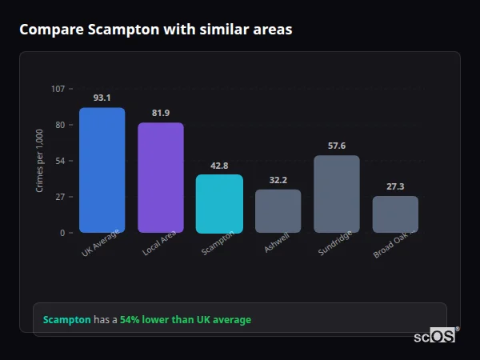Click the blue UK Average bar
point(102,170)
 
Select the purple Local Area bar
point(161,178)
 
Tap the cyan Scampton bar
point(219,204)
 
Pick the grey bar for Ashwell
point(278,211)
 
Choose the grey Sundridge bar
point(337,194)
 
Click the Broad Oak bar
point(395,214)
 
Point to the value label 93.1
point(102,98)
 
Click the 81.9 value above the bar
point(161,113)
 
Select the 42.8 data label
point(219,166)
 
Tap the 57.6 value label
point(337,146)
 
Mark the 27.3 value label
point(395,186)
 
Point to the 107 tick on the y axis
point(58,89)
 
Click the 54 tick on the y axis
point(60,161)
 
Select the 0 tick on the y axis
point(62,233)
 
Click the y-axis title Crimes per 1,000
point(40,160)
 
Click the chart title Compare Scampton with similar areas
point(156,30)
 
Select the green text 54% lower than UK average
point(186,320)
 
